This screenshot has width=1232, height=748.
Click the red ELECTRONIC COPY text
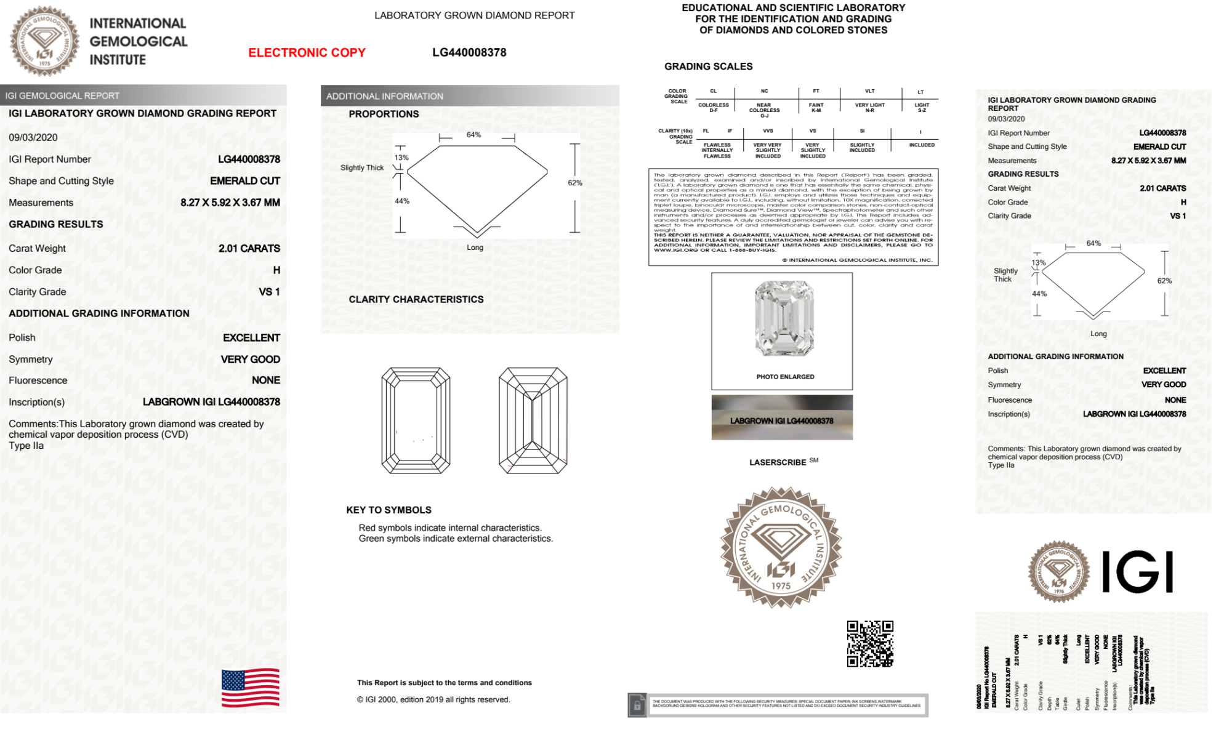tap(307, 53)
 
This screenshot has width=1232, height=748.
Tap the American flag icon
tap(251, 688)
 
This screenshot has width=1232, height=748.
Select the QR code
tap(870, 644)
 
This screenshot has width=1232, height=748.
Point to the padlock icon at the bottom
tap(637, 706)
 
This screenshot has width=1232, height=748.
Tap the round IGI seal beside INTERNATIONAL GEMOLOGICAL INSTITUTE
tap(44, 41)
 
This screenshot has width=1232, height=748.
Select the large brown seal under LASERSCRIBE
tap(781, 547)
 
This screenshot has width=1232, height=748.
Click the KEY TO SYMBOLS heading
tap(389, 510)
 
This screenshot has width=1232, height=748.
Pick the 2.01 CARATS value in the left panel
tap(249, 249)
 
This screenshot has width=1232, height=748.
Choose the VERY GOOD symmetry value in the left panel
tap(251, 360)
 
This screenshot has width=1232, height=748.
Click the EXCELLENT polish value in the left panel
tap(251, 338)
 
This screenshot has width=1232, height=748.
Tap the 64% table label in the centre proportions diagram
tap(473, 135)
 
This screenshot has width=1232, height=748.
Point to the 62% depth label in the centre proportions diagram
tap(575, 183)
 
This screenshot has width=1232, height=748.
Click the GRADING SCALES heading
tap(708, 66)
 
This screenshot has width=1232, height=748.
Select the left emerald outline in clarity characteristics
tap(416, 420)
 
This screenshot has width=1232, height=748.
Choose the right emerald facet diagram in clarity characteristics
tap(533, 420)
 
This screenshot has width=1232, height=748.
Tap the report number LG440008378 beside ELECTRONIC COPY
tap(469, 53)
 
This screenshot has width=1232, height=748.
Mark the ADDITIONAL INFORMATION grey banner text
tap(385, 97)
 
